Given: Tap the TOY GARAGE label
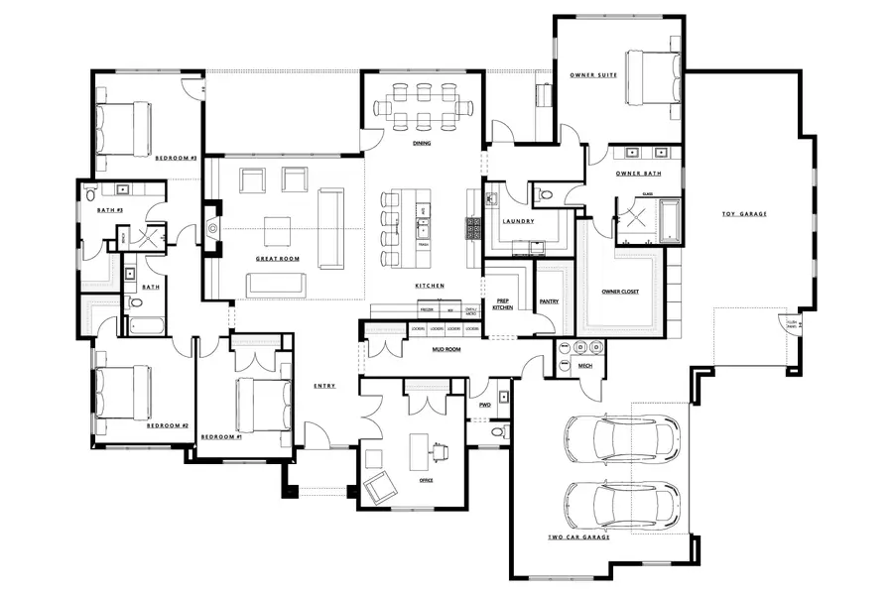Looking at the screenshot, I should tap(744, 214).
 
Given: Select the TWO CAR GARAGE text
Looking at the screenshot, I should tap(578, 536).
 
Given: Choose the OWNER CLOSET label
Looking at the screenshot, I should tap(621, 292).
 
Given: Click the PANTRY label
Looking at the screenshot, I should tap(550, 300).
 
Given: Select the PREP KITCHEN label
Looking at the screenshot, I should tap(503, 304).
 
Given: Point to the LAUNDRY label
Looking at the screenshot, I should tap(519, 221).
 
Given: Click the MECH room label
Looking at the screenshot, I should tap(585, 366).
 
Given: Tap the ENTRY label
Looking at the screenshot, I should tap(323, 386).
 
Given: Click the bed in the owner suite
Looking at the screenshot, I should tap(651, 77).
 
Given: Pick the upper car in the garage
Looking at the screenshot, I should tap(622, 439).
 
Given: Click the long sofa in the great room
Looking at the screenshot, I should tap(329, 228).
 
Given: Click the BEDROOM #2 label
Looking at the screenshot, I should tap(168, 425).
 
